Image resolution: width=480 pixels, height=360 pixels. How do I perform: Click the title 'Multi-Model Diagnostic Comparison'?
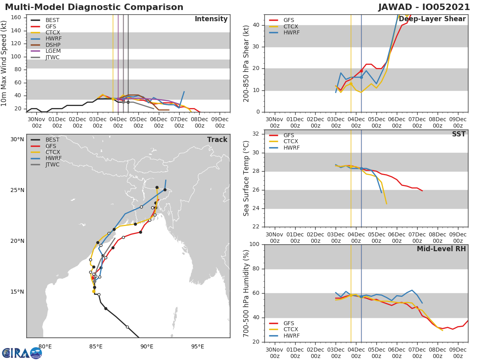click(x=94, y=7)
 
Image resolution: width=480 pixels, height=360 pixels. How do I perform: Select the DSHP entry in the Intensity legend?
click(x=53, y=45)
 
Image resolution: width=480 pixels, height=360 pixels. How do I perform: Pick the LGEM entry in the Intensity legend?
click(x=53, y=51)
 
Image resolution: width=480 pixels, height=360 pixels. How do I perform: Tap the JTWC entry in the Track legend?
click(x=52, y=164)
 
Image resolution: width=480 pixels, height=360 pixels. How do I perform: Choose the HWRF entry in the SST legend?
click(x=291, y=148)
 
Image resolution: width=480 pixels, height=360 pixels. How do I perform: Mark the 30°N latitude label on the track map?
click(x=17, y=139)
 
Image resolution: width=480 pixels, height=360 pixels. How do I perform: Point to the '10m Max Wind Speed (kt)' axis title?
click(x=4, y=63)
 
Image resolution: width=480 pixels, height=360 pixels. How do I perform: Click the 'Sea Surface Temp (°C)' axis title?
click(x=246, y=178)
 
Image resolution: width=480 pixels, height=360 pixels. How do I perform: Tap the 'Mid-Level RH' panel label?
click(x=441, y=249)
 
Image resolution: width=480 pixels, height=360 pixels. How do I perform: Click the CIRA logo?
click(x=22, y=353)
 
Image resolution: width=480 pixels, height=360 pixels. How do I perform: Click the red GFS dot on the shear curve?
click(x=361, y=71)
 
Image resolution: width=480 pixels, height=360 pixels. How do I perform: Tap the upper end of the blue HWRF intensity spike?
click(x=184, y=92)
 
